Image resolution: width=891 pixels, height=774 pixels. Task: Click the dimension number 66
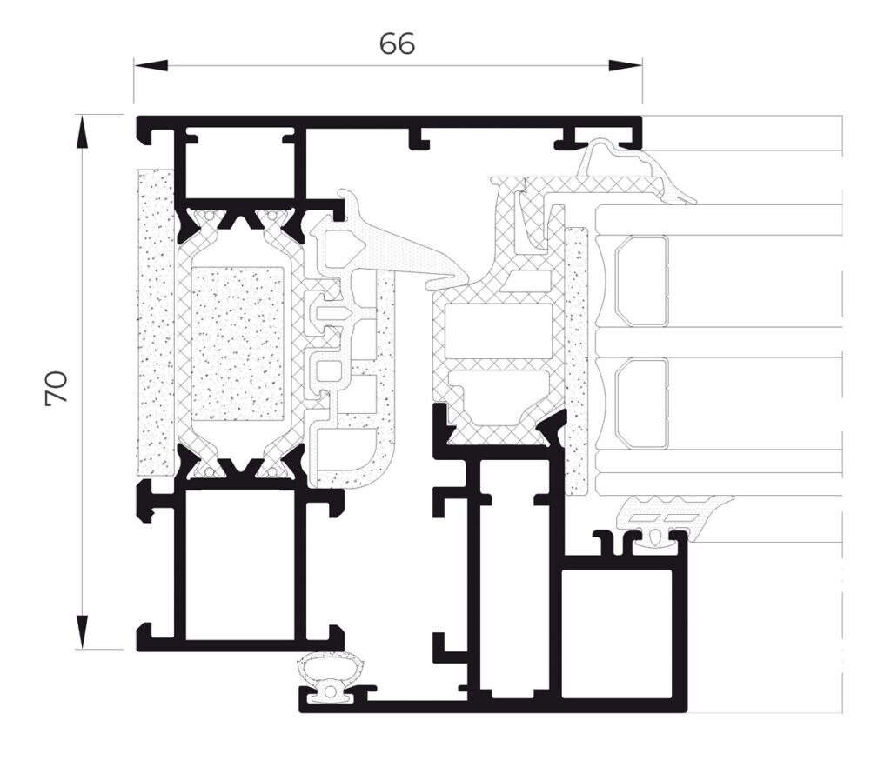397,44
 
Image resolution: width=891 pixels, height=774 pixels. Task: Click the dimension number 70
56,388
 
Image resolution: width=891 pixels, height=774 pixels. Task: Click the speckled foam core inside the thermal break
238,344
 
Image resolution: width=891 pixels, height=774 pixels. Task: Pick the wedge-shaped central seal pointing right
392,252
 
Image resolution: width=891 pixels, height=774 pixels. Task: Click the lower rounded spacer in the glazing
641,403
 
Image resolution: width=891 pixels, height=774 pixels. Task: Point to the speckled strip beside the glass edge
575,357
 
